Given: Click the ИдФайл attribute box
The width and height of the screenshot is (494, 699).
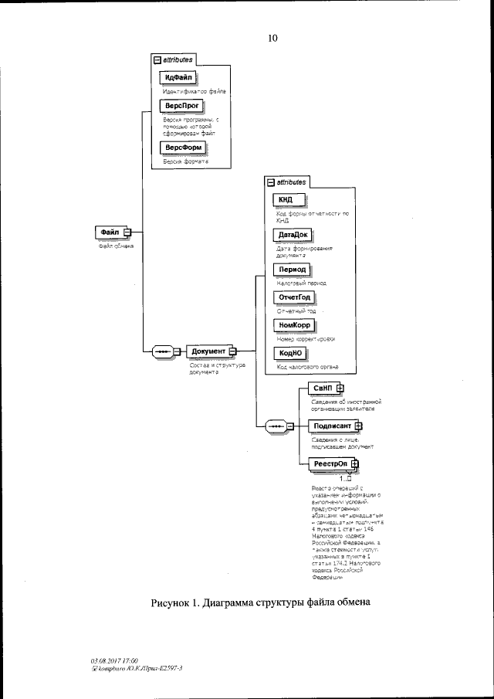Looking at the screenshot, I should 178,78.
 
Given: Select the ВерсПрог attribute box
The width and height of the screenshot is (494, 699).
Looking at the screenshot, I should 179,106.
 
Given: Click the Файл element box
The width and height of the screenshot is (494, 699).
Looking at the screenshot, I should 110,232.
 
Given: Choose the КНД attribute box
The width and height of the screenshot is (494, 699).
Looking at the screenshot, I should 286,201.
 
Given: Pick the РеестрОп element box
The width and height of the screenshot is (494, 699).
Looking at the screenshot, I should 330,463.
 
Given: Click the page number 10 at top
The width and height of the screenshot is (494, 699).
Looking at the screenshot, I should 272,36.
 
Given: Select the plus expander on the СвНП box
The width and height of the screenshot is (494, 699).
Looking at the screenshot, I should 340,388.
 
